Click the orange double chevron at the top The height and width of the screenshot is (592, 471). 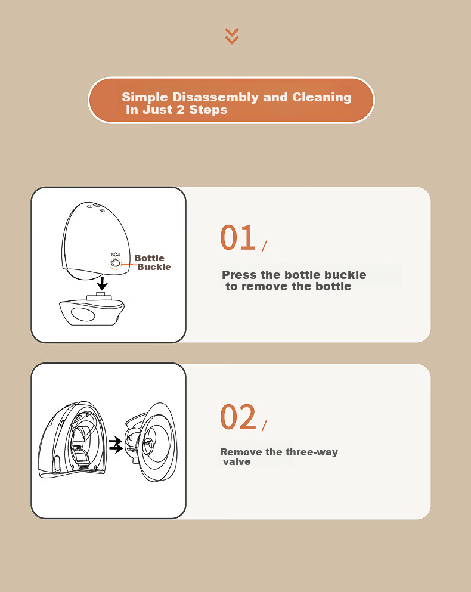(x=232, y=36)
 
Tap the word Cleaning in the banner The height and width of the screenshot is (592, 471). (x=322, y=97)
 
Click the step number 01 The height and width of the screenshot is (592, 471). (x=238, y=237)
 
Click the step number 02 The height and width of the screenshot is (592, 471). (x=238, y=417)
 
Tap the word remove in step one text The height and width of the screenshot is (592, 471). (x=265, y=287)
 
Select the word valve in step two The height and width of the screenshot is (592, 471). (x=237, y=462)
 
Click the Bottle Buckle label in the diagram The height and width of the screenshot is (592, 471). (x=153, y=262)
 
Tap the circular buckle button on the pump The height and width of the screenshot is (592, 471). (x=116, y=264)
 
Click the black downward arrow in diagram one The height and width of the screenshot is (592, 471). (x=101, y=284)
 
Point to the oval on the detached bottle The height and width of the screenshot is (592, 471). (x=84, y=315)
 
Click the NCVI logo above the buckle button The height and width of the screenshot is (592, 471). (x=116, y=255)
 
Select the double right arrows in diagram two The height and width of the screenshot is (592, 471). (x=116, y=445)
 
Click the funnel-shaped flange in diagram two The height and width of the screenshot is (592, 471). (x=157, y=442)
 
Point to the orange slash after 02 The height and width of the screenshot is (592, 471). (x=264, y=425)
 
